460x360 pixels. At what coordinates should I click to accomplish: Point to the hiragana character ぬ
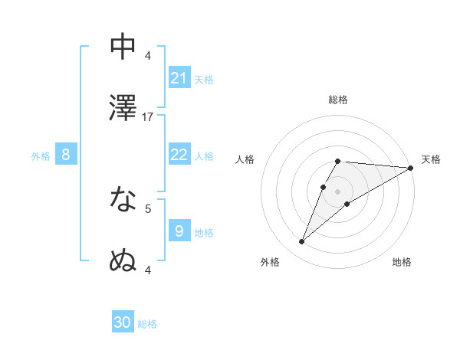[123, 260]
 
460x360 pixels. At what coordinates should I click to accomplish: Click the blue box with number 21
[179, 77]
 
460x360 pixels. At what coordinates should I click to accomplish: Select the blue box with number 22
[179, 155]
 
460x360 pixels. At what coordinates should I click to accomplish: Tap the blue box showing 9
[179, 231]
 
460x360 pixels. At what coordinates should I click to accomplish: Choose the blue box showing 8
[66, 155]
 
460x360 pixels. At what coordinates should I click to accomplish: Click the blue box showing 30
[123, 322]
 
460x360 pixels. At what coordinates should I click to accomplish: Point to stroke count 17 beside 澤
[149, 117]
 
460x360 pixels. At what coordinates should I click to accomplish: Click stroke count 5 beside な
[148, 208]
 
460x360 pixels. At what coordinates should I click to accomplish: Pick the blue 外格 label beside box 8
[41, 155]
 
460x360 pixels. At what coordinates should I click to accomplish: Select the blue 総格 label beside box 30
[147, 323]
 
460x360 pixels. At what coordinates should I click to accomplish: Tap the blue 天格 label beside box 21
[204, 78]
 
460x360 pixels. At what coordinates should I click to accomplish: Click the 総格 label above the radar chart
[338, 100]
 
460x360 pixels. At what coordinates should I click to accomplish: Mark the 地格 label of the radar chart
[402, 262]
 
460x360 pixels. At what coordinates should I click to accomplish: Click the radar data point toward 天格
[410, 168]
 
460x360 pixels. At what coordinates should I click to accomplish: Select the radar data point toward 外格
[302, 242]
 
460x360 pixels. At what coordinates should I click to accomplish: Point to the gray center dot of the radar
[337, 191]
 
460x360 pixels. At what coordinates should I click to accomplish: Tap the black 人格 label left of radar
[245, 159]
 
